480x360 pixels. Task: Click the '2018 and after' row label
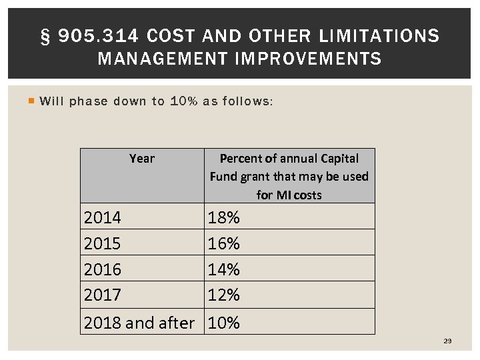[139, 323]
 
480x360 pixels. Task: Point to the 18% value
[224, 218]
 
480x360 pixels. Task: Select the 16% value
[224, 243]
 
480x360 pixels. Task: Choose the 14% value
[224, 269]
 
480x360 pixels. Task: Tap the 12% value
[224, 294]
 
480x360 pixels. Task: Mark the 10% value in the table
[224, 323]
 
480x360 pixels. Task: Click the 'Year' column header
[141, 159]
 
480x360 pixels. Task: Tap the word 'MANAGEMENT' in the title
[162, 59]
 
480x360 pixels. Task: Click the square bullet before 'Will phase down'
[31, 101]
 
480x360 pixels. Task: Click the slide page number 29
[447, 341]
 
